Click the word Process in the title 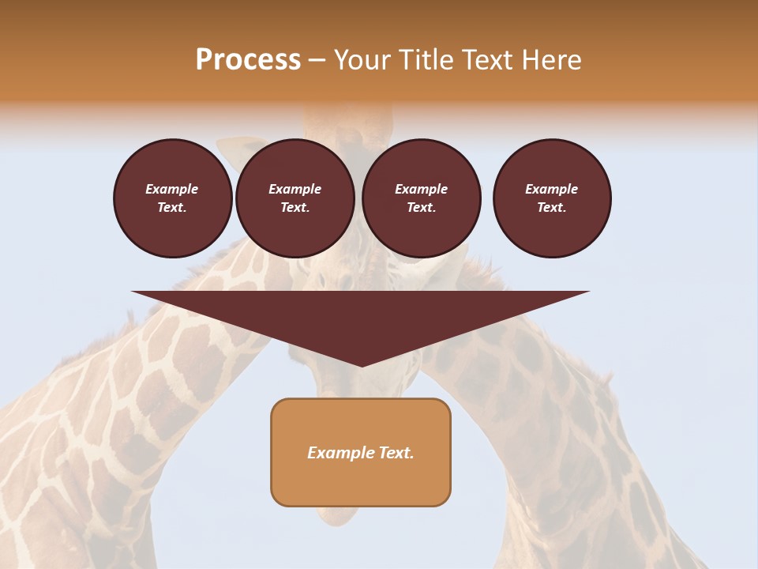click(248, 60)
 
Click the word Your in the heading click(360, 60)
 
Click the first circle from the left click(172, 198)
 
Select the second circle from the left click(295, 198)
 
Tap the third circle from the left click(421, 198)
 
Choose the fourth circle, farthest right click(551, 198)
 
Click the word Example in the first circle click(172, 189)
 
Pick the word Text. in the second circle click(295, 208)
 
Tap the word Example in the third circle click(421, 189)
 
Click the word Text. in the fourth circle click(551, 208)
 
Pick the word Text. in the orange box click(396, 453)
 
